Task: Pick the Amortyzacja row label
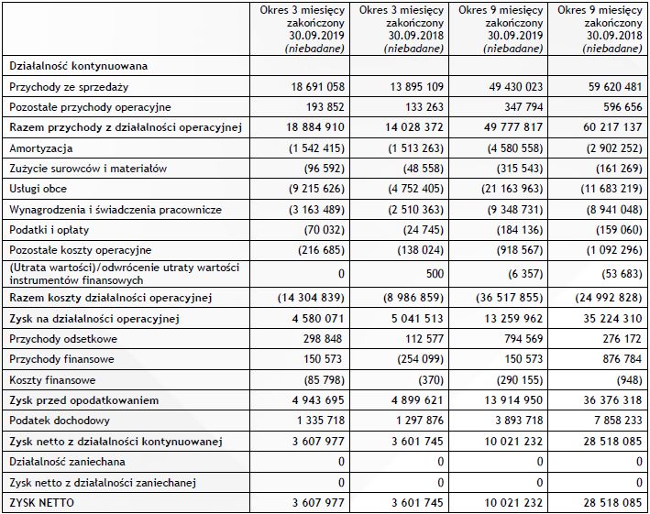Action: click(41, 148)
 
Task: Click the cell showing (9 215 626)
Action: click(312, 189)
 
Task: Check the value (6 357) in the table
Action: click(524, 272)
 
